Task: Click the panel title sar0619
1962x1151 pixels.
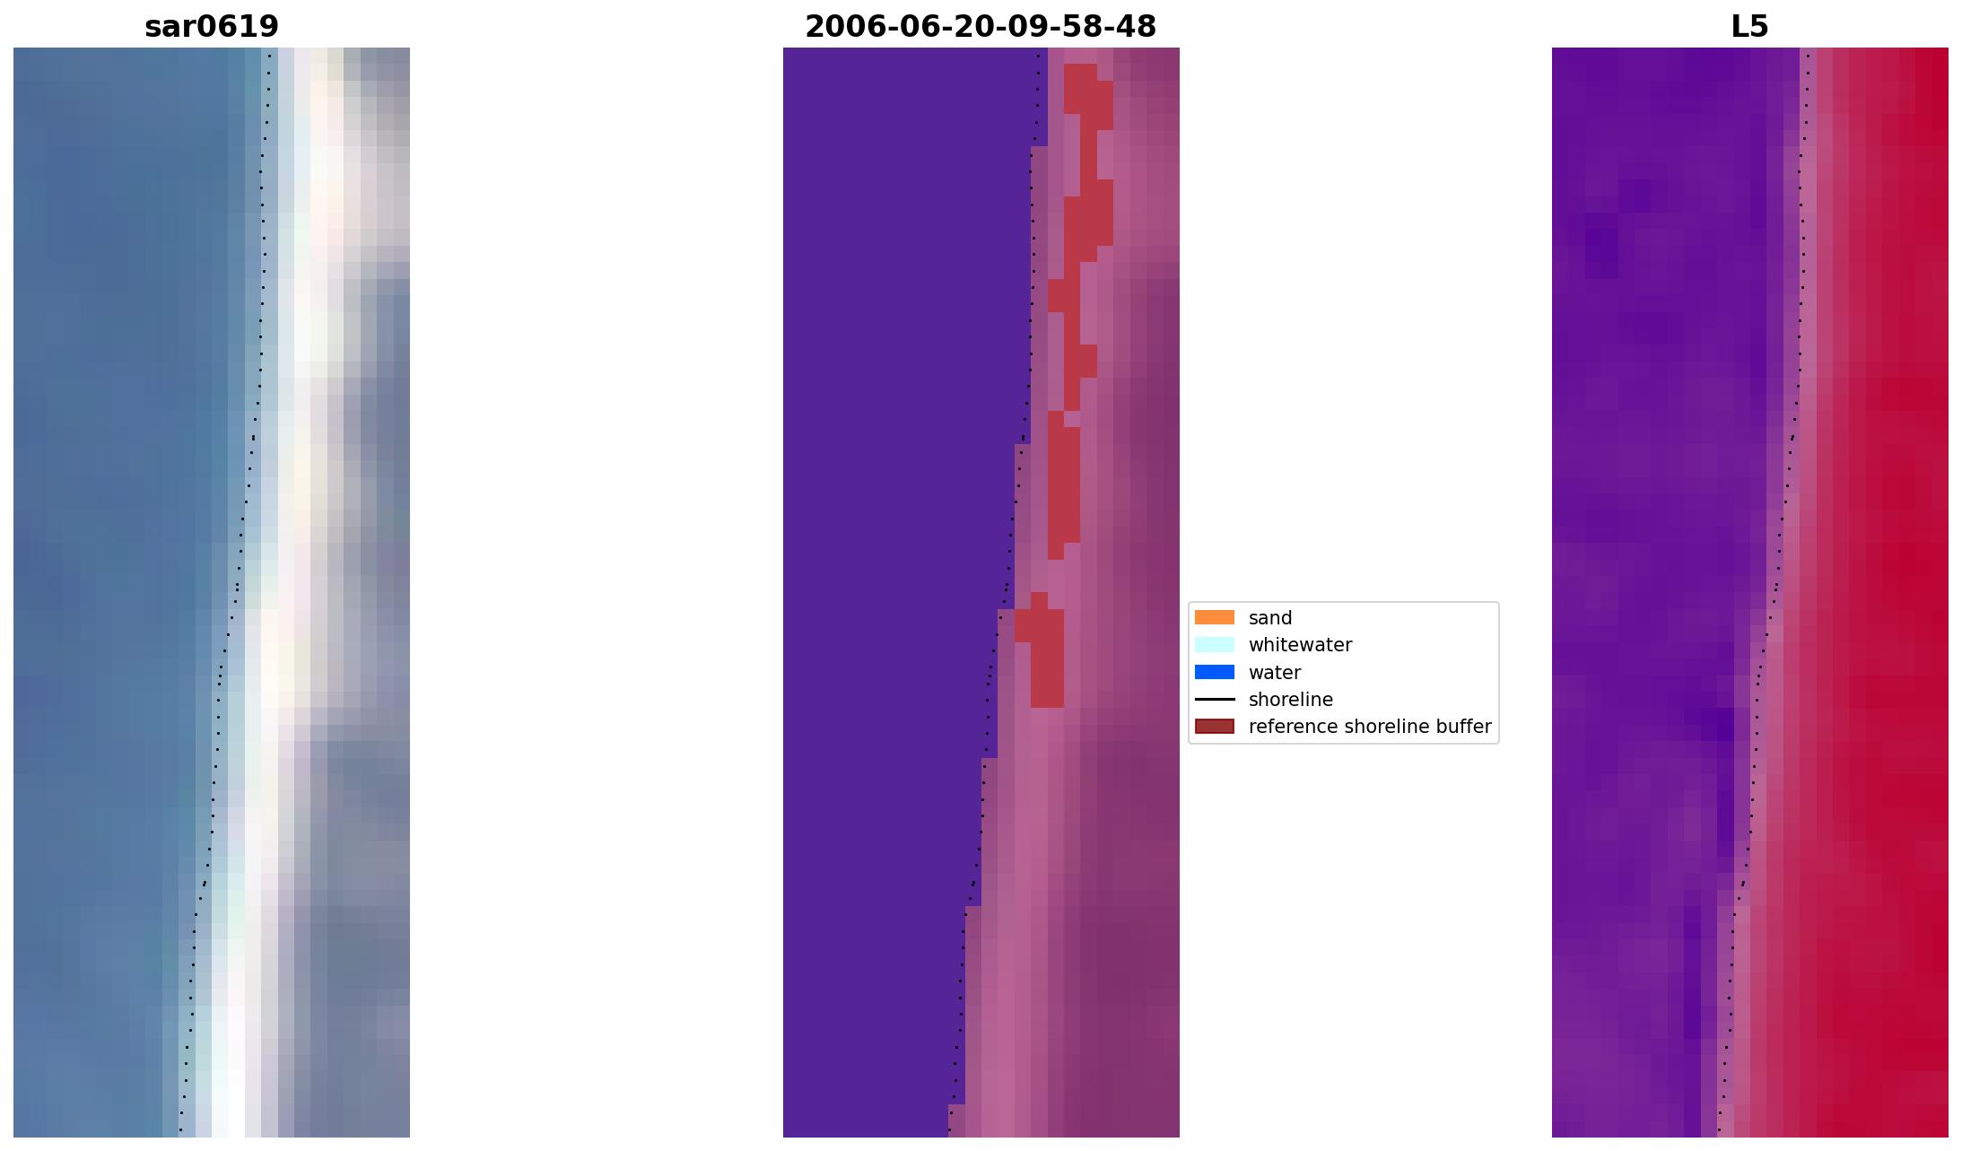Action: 212,27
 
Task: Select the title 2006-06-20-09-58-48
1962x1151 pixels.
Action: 981,27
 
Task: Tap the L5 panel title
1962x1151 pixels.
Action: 1749,27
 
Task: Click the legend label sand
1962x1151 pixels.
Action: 1269,618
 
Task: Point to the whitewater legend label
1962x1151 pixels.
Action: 1300,645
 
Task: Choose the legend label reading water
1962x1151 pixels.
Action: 1274,673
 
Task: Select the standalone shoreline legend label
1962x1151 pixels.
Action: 1290,700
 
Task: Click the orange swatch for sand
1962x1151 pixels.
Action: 1214,618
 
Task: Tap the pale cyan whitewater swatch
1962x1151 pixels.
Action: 1214,645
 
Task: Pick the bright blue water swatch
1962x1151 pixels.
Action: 1214,673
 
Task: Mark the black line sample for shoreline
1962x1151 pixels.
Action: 1214,700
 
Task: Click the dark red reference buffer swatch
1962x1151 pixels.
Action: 1214,727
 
